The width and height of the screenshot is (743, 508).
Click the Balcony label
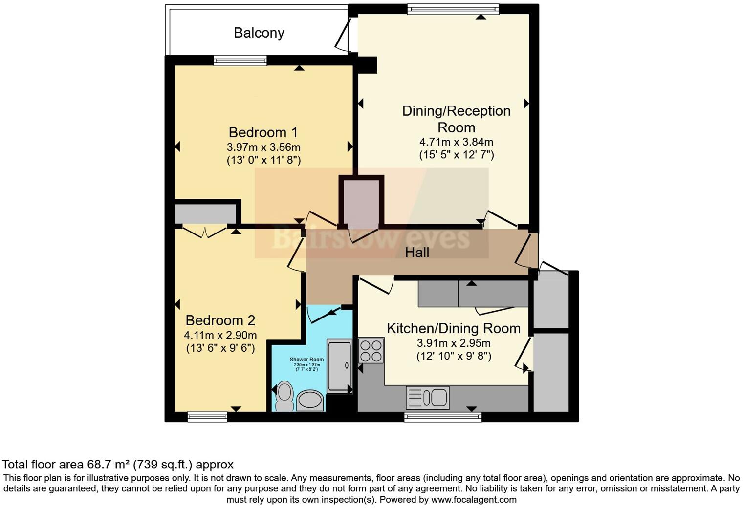tap(259, 33)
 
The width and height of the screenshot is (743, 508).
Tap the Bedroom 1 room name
tap(263, 132)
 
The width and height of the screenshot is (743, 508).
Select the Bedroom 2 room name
tap(220, 320)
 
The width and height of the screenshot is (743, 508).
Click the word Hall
tap(417, 253)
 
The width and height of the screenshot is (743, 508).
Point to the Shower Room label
tap(306, 360)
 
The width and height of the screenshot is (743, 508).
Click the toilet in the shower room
tap(284, 396)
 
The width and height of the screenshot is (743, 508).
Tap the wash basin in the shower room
tap(310, 400)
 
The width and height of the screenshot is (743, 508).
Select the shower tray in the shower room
tap(339, 365)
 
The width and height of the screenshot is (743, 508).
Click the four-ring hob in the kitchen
tap(371, 351)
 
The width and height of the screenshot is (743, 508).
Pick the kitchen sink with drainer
tap(427, 397)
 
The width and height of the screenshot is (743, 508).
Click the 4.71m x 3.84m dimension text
tap(456, 142)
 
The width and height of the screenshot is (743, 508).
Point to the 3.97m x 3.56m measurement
tap(263, 147)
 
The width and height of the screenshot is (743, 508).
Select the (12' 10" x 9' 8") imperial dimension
tap(454, 356)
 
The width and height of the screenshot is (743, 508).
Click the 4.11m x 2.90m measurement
tap(220, 335)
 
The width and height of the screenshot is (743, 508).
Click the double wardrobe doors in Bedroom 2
tap(204, 232)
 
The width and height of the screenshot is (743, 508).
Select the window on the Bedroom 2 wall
tap(207, 417)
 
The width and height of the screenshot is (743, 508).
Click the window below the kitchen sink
tap(442, 417)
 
